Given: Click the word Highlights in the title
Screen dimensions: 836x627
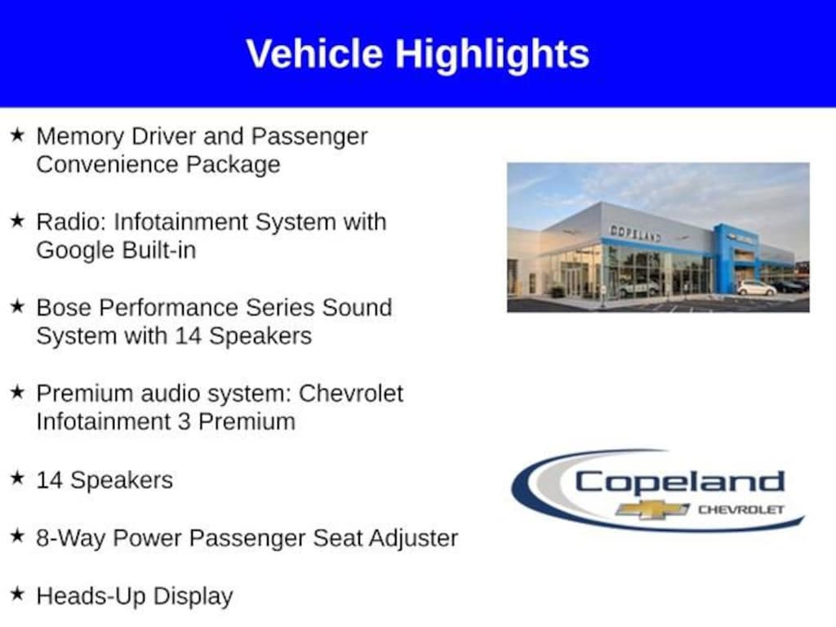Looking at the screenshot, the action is [491, 56].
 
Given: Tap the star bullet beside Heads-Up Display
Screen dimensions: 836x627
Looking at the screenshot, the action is [17, 594].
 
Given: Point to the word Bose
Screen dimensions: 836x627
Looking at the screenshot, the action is [64, 308].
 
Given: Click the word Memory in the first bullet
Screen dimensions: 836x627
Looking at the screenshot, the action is [80, 137].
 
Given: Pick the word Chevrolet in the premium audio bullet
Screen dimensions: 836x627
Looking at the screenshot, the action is [351, 394].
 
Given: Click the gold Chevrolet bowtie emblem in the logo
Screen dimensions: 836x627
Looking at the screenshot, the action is [652, 509].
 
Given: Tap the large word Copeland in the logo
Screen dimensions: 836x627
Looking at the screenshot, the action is [680, 482].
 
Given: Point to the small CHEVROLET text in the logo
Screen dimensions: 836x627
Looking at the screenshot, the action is [741, 509].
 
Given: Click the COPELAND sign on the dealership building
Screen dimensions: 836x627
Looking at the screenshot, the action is [635, 233].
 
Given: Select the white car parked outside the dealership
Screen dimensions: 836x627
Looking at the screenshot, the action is [756, 288].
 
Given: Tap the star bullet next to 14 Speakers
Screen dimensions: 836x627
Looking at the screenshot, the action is [17, 478].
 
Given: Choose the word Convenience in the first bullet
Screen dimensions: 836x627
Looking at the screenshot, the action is [106, 165].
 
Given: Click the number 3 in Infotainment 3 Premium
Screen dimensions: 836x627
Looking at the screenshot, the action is [184, 422].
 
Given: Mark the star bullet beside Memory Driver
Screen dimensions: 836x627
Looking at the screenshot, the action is [17, 135].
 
